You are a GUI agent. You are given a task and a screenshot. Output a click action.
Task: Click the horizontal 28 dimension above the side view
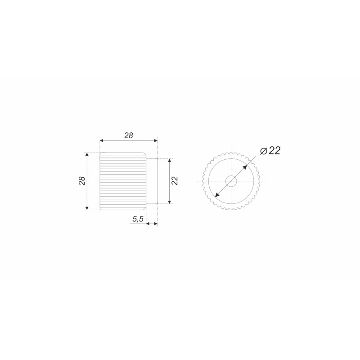[129, 135]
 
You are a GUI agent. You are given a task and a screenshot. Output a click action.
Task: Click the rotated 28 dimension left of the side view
[82, 181]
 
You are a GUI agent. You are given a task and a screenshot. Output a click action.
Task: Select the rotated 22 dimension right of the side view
[175, 181]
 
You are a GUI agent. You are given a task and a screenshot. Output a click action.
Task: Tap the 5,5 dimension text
[138, 219]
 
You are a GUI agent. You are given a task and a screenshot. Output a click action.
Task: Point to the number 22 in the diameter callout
[274, 151]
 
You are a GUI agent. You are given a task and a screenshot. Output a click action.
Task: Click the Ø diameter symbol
[264, 151]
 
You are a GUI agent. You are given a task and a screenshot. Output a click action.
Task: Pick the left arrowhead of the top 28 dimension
[102, 140]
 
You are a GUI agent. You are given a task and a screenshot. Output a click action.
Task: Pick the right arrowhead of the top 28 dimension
[155, 140]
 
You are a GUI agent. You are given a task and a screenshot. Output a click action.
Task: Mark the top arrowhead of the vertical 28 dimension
[87, 154]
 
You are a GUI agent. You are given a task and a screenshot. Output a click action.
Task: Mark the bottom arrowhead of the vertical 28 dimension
[87, 208]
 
